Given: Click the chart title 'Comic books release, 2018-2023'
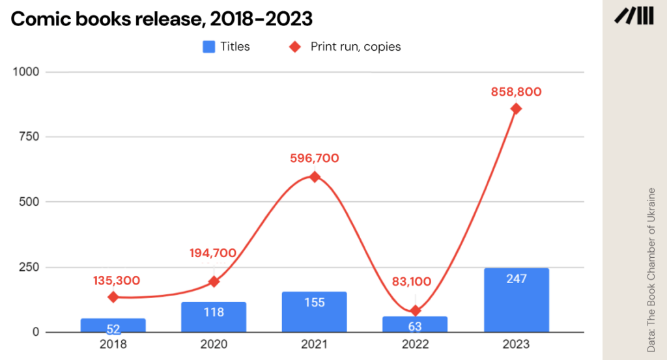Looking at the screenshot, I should (162, 19).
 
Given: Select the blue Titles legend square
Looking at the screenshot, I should (208, 46).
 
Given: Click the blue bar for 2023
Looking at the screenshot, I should (517, 300).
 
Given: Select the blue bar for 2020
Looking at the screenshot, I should (214, 317).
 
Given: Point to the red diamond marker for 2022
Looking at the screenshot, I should (416, 311).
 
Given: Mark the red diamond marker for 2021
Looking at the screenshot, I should (315, 176).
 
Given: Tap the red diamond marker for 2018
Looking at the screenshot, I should (113, 297).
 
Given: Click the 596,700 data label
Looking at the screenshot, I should (315, 158).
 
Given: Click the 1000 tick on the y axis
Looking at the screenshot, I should (27, 72).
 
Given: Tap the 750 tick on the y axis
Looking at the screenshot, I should (29, 137).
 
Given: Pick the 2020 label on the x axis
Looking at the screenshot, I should (214, 344).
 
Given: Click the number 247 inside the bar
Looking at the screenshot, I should (517, 279).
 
